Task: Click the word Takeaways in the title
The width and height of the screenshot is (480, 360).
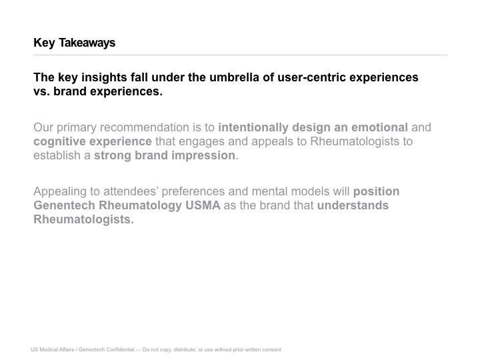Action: point(87,43)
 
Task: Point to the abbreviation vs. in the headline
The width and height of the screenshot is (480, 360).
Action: point(41,91)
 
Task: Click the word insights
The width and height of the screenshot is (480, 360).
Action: point(104,77)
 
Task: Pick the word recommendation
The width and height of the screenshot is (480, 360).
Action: point(145,127)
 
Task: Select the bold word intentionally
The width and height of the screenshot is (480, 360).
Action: point(253,127)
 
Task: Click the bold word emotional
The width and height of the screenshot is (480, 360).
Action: point(379,127)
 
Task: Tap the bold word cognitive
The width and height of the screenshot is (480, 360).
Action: point(59,142)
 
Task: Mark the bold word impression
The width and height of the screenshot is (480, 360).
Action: point(203,156)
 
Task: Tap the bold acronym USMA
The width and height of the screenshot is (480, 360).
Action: point(203,205)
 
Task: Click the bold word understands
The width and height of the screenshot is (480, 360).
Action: point(353,205)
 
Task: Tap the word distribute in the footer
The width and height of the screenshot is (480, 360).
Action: point(185,349)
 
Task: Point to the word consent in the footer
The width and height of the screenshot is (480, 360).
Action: point(272,349)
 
